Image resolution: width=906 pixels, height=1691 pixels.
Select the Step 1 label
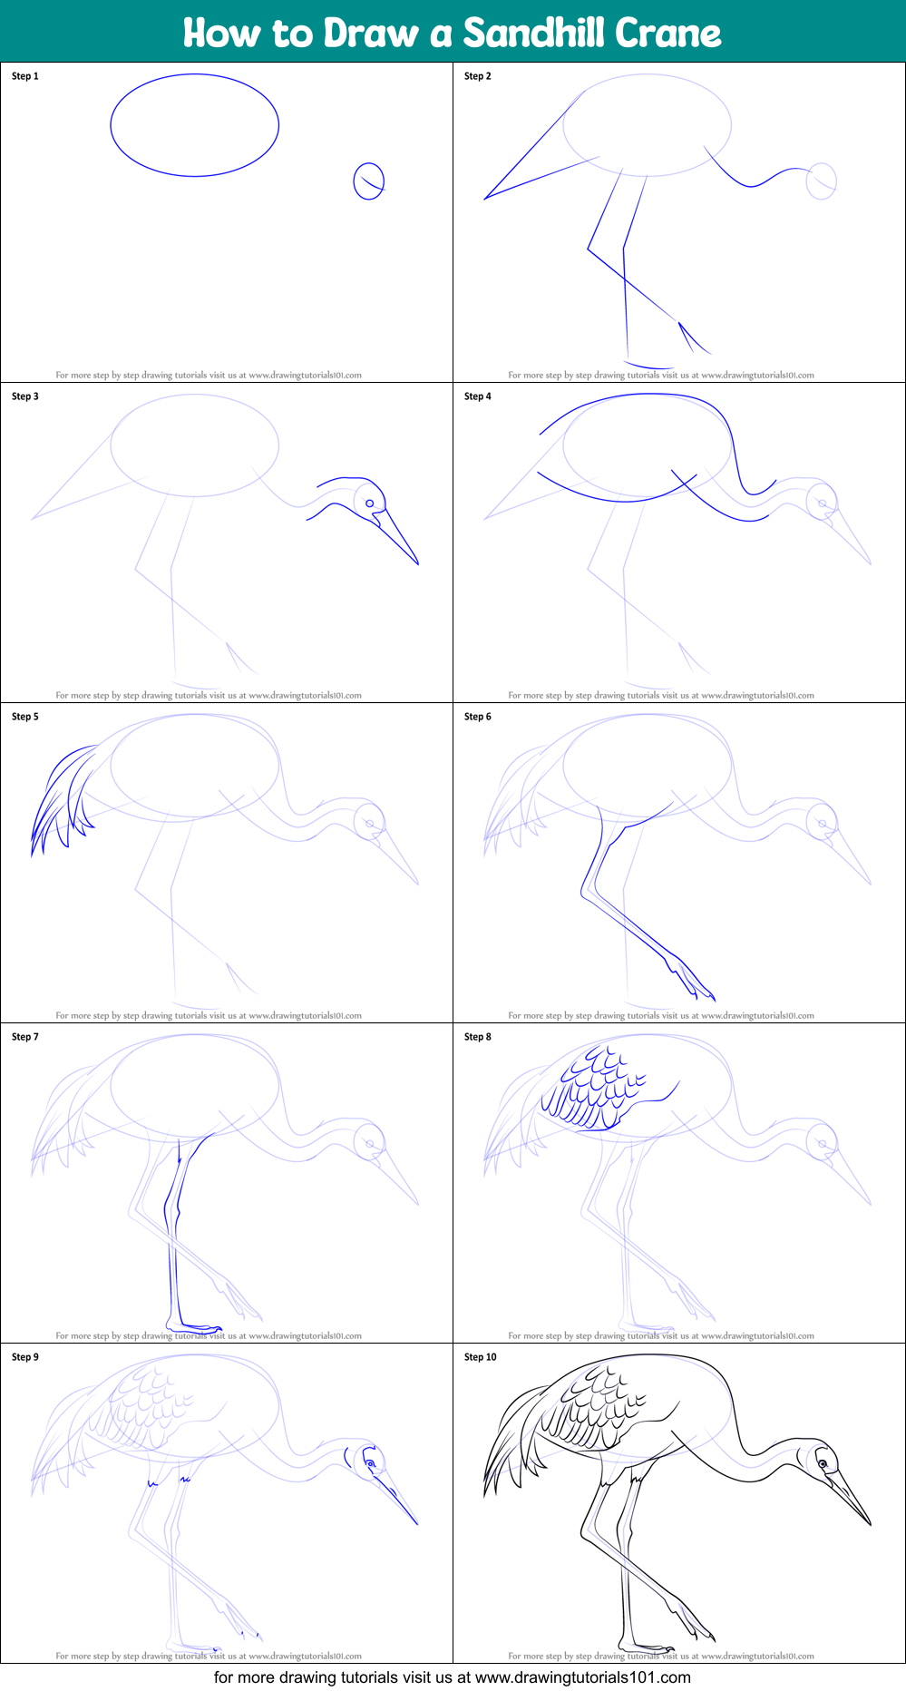point(25,76)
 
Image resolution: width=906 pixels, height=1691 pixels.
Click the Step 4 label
point(478,396)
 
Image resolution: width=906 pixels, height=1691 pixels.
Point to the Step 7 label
point(25,1037)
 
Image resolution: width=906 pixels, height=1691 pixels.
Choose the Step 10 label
point(481,1357)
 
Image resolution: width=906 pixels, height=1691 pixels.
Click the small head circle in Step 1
point(368,181)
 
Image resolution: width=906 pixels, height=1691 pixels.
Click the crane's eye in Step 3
point(370,503)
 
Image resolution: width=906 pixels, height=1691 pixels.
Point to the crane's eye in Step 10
point(823,1464)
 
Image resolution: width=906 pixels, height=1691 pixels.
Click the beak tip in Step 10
point(871,1525)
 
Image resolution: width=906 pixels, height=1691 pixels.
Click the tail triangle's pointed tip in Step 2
point(485,198)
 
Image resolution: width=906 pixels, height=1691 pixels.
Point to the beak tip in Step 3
point(418,564)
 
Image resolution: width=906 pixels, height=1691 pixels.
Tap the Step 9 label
point(25,1357)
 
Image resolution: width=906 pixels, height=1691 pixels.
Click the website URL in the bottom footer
point(582,1677)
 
